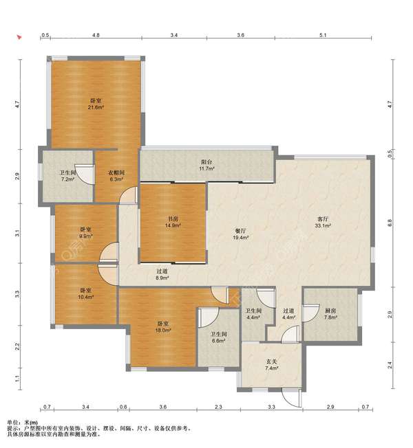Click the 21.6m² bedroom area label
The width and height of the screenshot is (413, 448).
96,104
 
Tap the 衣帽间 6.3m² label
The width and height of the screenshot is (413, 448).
116,176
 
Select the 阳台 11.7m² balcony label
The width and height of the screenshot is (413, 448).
206,165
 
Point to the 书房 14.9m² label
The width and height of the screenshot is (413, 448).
172,222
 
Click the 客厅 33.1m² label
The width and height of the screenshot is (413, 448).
323,222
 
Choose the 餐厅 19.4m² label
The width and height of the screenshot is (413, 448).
240,234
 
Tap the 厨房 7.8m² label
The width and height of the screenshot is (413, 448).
330,314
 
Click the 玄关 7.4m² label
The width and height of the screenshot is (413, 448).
271,365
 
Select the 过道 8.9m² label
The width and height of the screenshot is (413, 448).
162,274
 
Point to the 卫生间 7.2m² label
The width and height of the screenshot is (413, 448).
67,176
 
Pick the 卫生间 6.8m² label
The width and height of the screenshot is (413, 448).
218,337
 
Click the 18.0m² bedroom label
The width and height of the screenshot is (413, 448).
162,327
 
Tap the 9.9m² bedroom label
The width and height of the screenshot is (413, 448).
85,232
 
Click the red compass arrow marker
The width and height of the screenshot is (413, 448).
19,37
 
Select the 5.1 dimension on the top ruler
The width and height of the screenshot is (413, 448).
323,35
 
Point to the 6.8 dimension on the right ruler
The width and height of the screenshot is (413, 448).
390,223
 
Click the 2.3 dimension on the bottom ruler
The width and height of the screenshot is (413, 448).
218,407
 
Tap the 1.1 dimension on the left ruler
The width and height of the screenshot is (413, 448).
17,379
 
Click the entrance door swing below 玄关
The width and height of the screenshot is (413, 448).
292,397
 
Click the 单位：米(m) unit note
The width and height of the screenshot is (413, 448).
22,422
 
